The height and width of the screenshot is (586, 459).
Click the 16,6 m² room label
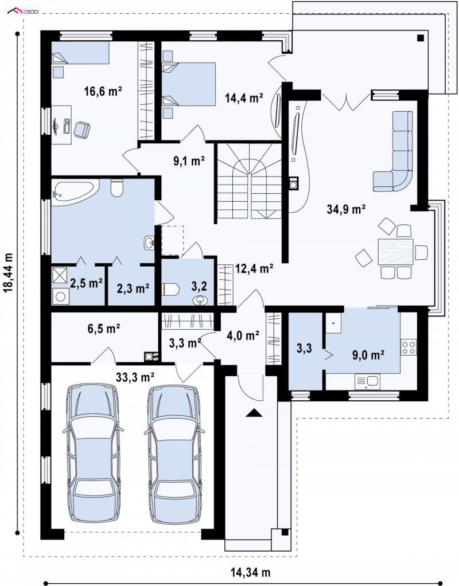[103, 91]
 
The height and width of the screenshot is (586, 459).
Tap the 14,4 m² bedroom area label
[244, 98]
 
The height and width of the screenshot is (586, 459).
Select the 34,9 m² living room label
[346, 209]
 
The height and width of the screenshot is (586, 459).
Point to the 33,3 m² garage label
[135, 377]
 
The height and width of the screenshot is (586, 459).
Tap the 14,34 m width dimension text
[250, 572]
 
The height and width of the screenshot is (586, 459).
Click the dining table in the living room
[395, 252]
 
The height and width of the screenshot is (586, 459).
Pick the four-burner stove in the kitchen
[409, 347]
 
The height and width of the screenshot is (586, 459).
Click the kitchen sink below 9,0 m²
[367, 381]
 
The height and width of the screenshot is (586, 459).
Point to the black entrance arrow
[254, 412]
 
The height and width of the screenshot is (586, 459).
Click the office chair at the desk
[81, 130]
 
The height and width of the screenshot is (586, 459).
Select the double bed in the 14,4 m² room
[189, 83]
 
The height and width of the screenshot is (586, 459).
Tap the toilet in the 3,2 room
[170, 289]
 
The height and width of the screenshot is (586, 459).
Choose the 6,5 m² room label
[104, 329]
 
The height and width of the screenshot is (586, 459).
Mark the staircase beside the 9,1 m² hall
[249, 182]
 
